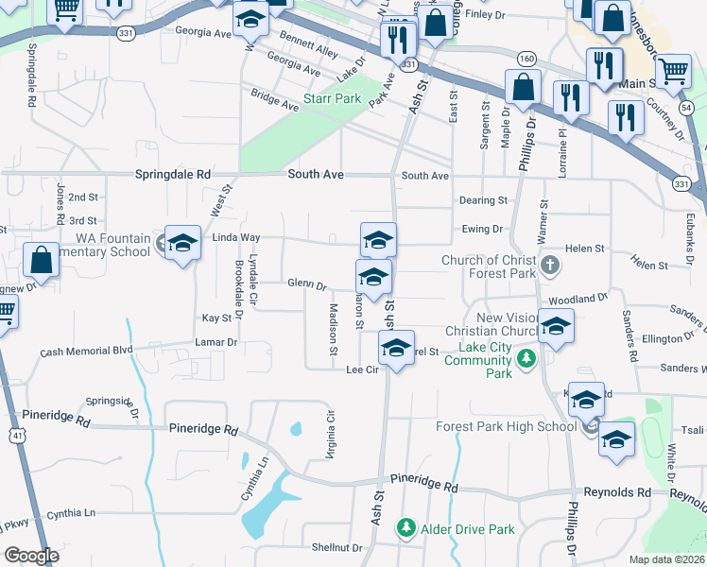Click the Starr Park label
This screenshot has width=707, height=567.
coord(333,98)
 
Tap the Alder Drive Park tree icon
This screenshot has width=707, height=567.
coord(406,527)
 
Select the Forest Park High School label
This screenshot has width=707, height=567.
coord(506,426)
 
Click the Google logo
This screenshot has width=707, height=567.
coord(31,556)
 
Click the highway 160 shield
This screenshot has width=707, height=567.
coord(527,60)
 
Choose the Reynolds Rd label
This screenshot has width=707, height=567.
coord(616,492)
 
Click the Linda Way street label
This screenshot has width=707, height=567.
coord(235,237)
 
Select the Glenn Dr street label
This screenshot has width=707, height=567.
coord(306,283)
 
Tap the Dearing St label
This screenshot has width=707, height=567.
coord(483,200)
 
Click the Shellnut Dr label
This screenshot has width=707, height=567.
coord(331,547)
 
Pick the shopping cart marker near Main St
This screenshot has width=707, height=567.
coord(672,71)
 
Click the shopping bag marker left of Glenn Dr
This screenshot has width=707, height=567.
coord(42,260)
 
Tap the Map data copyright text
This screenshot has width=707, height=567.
coord(665,558)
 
